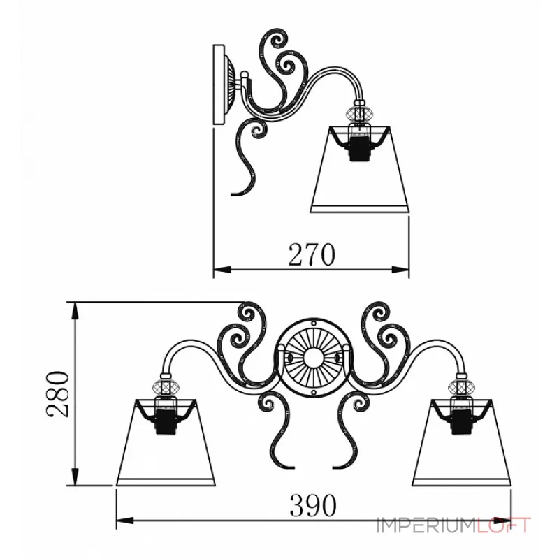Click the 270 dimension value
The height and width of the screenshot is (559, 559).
[312, 254]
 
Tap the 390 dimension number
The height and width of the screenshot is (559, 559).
[313, 505]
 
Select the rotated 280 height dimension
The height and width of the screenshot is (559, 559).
[57, 393]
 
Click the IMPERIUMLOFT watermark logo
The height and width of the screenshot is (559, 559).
[453, 526]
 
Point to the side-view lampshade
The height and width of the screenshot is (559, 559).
[360, 169]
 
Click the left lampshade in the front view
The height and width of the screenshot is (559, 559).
[166, 442]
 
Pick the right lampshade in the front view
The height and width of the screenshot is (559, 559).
[462, 442]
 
